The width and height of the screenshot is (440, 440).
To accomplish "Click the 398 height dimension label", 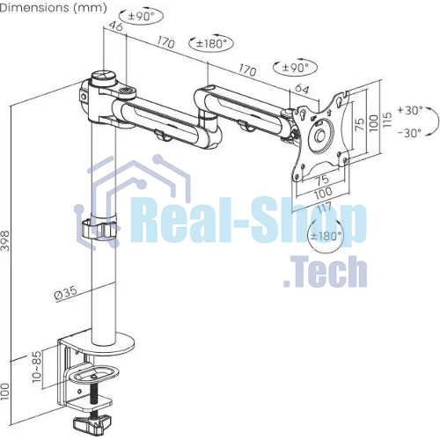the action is (5, 241).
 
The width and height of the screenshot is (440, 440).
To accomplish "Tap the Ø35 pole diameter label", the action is (66, 292).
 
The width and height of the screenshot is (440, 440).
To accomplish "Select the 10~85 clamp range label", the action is (37, 367).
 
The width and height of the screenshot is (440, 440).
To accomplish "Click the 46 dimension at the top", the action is (115, 26).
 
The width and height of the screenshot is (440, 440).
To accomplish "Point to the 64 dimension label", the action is (302, 88).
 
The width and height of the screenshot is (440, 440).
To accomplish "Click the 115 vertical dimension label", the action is (387, 119).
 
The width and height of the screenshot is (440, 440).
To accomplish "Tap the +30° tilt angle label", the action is (410, 111).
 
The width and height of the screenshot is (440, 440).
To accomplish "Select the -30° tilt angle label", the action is (410, 133).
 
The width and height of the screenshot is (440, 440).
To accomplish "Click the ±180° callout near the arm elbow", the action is (211, 44).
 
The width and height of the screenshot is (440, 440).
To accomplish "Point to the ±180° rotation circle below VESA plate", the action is (326, 236).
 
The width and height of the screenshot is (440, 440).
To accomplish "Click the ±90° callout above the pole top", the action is (142, 17).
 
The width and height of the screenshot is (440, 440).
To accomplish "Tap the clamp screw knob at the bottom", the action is (90, 424).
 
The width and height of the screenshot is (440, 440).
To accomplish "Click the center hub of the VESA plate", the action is (320, 135).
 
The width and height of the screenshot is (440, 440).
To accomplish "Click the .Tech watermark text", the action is (325, 272).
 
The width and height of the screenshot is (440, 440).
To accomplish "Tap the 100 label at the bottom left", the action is (5, 392).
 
